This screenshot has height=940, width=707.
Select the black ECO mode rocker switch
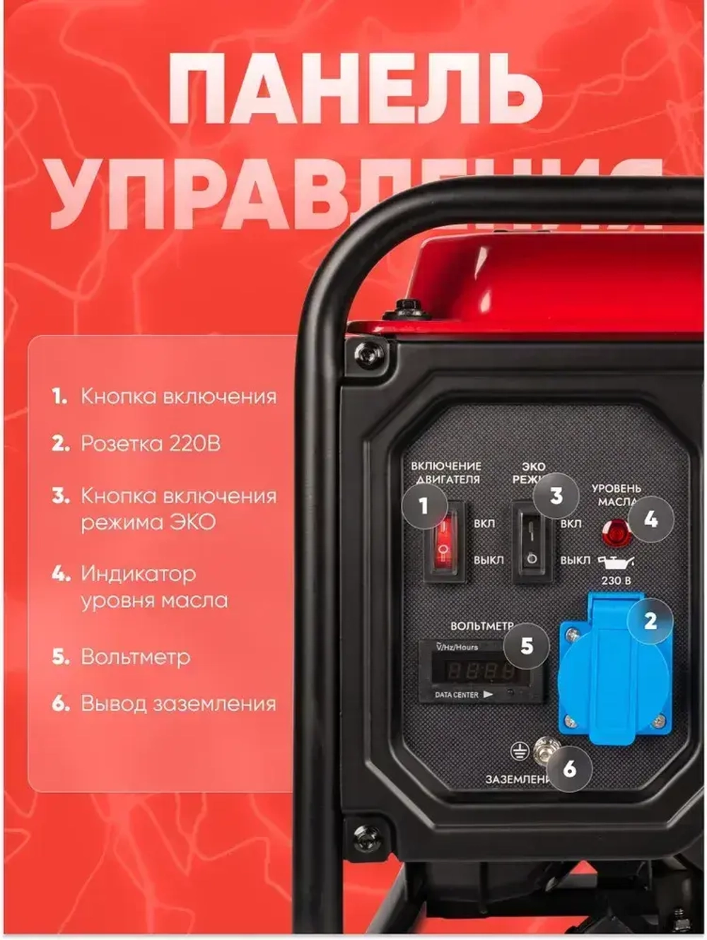click(532, 543)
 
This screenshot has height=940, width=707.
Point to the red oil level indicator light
click(614, 531)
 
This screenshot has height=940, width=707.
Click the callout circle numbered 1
click(423, 506)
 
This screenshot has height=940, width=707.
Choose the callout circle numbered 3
click(556, 495)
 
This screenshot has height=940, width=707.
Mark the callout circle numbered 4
click(650, 519)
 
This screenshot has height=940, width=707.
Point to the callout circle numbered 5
click(527, 645)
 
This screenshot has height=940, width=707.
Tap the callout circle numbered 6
click(570, 768)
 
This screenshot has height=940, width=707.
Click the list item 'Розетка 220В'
click(150, 444)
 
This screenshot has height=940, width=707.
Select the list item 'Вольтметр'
click(135, 657)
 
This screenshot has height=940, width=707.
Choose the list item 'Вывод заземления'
click(178, 704)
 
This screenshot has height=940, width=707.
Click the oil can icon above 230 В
click(616, 562)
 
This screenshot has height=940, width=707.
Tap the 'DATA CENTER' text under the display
click(457, 695)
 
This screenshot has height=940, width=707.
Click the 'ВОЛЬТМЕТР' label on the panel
click(481, 626)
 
